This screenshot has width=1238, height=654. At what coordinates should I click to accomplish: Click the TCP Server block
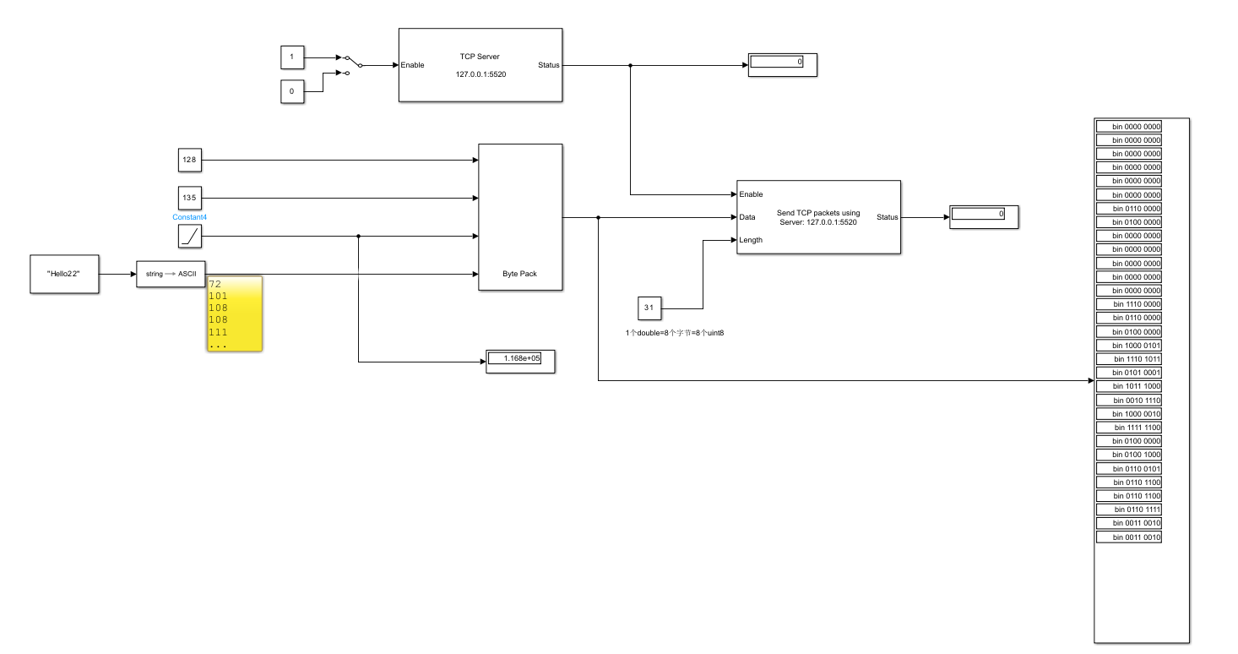[x=480, y=65]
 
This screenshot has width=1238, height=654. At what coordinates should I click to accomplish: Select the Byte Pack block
[x=520, y=217]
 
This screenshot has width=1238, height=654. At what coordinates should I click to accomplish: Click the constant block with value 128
[x=189, y=160]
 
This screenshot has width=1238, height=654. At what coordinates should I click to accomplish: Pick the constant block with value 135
[x=189, y=199]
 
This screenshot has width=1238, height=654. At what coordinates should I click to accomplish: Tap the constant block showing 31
[x=649, y=308]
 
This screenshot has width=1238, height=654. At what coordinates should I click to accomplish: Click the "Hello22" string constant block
[x=64, y=274]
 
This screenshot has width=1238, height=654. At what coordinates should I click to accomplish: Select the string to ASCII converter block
[x=171, y=274]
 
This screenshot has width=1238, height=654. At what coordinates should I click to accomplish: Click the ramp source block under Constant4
[x=190, y=237]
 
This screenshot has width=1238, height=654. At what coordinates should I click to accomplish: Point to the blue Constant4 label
[x=189, y=217]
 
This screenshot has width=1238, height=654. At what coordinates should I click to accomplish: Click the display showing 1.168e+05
[x=520, y=359]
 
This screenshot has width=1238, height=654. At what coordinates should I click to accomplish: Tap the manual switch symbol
[x=350, y=65]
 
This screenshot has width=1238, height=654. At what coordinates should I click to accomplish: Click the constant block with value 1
[x=292, y=57]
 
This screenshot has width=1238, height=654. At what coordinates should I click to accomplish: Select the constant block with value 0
[x=292, y=91]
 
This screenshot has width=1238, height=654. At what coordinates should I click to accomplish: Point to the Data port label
[x=747, y=217]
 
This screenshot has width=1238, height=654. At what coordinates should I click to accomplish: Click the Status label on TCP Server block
[x=548, y=65]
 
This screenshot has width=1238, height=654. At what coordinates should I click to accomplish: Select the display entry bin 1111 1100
[x=1128, y=428]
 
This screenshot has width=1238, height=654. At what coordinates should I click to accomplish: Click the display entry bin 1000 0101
[x=1128, y=345]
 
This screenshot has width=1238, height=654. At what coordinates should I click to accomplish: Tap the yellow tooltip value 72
[x=214, y=285]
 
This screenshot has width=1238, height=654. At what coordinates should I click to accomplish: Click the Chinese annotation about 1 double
[x=675, y=333]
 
